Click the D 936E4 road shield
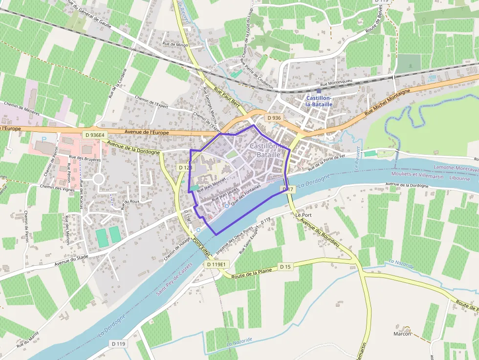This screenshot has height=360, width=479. pyautogui.click(x=94, y=135)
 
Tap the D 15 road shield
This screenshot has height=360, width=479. pyautogui.click(x=285, y=266)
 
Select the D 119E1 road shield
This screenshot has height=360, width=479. pyautogui.click(x=216, y=264)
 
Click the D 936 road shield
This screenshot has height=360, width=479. pyautogui.click(x=274, y=118)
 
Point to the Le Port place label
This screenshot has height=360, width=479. pyautogui.click(x=303, y=214)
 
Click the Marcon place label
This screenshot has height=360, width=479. pyautogui.click(x=402, y=334)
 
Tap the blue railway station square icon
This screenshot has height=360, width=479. pyautogui.click(x=319, y=90)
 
